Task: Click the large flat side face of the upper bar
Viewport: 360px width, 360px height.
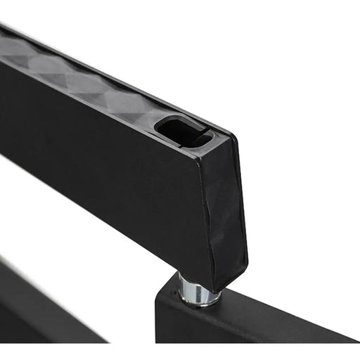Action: [x=105, y=155]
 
